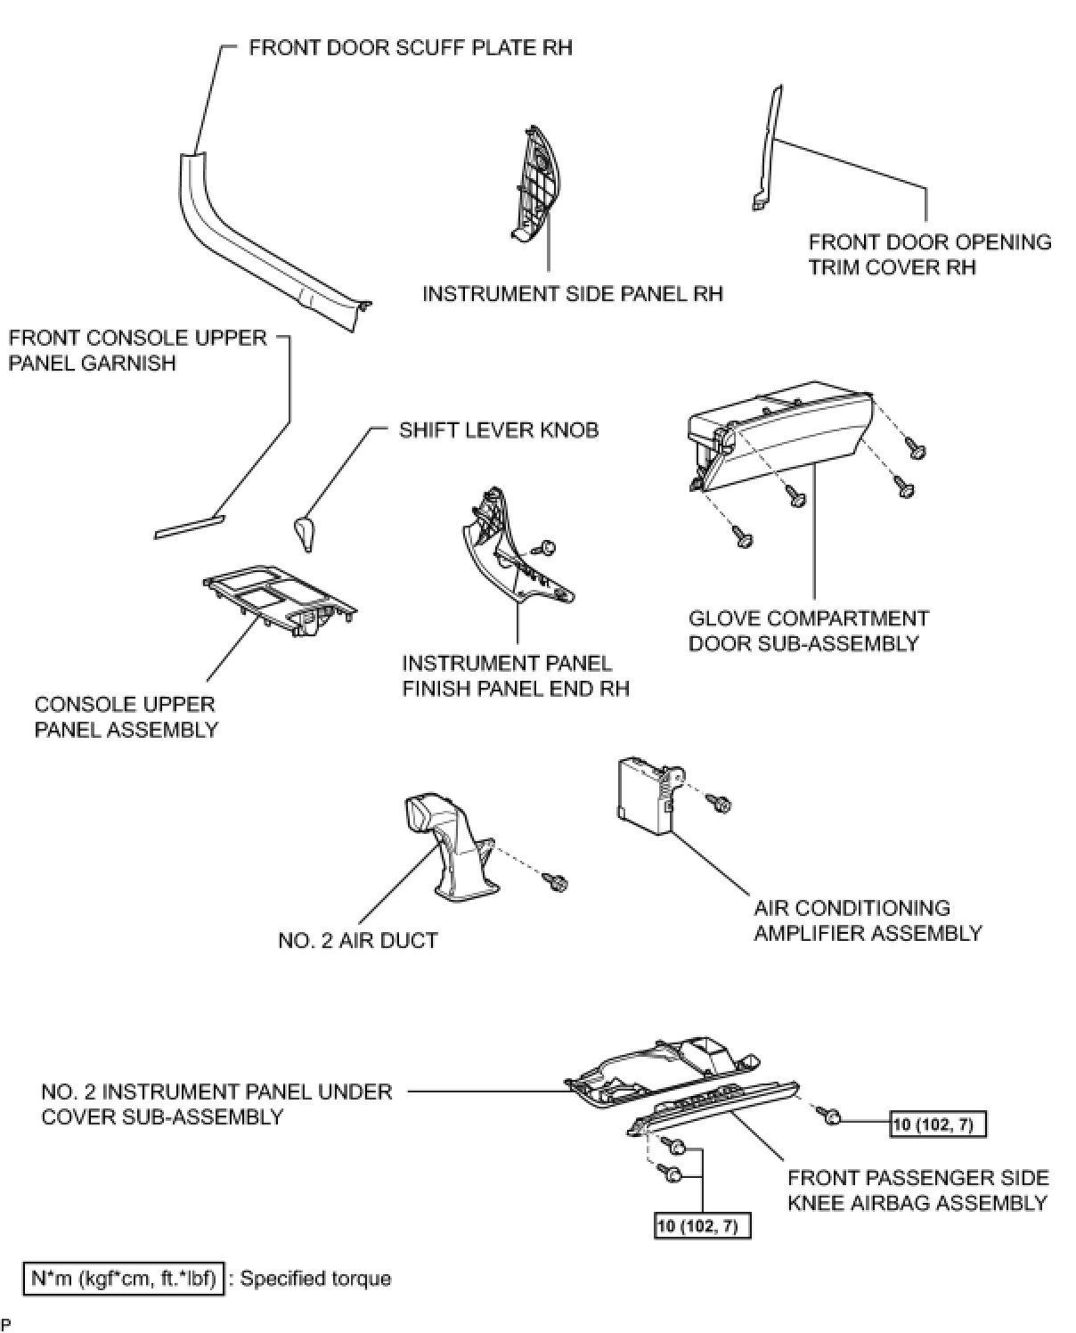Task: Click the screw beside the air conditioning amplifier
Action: coord(721,805)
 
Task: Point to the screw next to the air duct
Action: coord(557,882)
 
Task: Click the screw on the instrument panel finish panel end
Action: coord(547,546)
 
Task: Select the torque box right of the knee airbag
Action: coord(939,1124)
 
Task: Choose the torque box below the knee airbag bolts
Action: coord(702,1226)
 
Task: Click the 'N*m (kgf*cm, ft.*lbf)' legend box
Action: coord(123,1279)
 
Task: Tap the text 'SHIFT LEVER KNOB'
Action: coord(498,430)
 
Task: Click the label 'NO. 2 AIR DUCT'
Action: coord(357,940)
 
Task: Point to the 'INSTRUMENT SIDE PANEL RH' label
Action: coord(572,294)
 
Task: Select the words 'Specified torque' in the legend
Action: coord(316,1279)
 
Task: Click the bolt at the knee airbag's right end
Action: coord(831,1116)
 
